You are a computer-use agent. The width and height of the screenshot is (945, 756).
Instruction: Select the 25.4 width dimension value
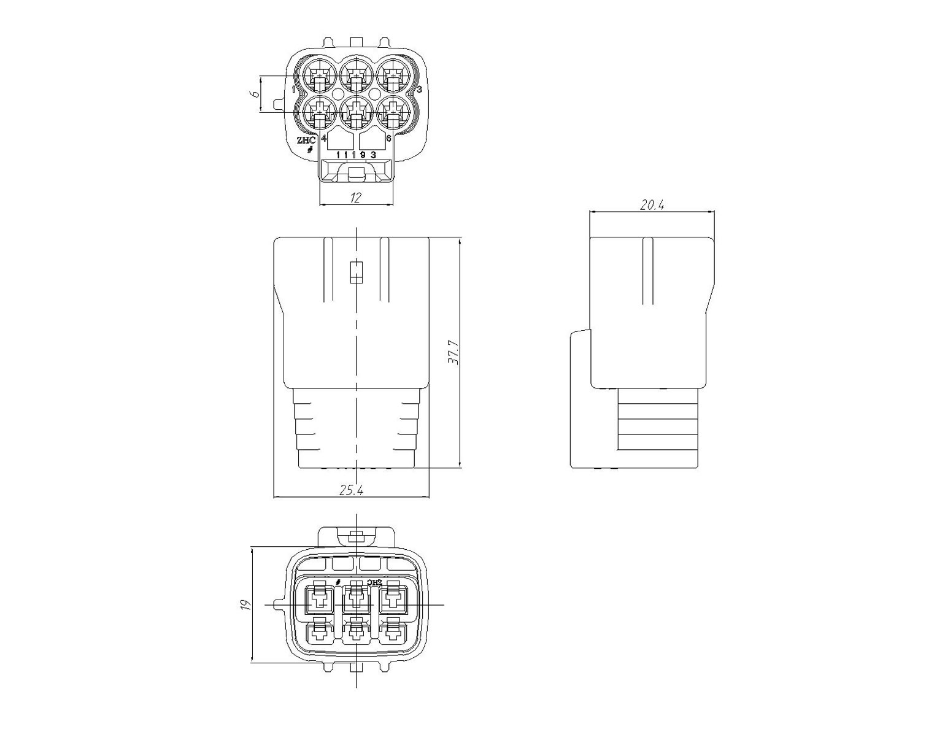pos(351,490)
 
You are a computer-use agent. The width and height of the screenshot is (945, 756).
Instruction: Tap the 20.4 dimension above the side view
pos(652,205)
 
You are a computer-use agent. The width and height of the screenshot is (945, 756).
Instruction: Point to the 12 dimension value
pos(356,198)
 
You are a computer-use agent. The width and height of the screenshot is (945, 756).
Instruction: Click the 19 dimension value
pos(245,605)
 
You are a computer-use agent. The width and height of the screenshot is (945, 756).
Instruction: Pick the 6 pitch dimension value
pos(253,94)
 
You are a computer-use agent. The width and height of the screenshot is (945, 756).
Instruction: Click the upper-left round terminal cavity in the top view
pos(320,75)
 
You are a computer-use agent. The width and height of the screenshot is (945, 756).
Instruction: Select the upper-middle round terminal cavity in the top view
pos(356,75)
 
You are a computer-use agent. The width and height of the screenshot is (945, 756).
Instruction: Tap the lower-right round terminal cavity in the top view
pos(393,112)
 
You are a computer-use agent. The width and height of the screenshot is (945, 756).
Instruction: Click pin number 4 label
pos(324,138)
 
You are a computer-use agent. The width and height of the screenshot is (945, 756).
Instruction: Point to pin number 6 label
pos(388,138)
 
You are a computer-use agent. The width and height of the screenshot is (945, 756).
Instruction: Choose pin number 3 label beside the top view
pos(419,90)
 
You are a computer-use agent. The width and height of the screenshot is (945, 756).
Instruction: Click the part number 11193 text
pos(356,155)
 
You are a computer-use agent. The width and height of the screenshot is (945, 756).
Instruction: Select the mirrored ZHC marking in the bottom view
pos(374,582)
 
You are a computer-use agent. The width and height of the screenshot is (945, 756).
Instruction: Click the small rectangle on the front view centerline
pos(356,272)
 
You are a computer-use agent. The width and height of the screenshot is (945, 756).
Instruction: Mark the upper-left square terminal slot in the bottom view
pos(319,598)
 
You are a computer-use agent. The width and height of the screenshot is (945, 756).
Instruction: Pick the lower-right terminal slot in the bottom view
pos(393,633)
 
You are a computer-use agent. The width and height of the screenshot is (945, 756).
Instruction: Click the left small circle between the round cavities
pos(338,94)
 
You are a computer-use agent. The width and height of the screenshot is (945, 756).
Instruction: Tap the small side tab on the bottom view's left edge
pos(280,605)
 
